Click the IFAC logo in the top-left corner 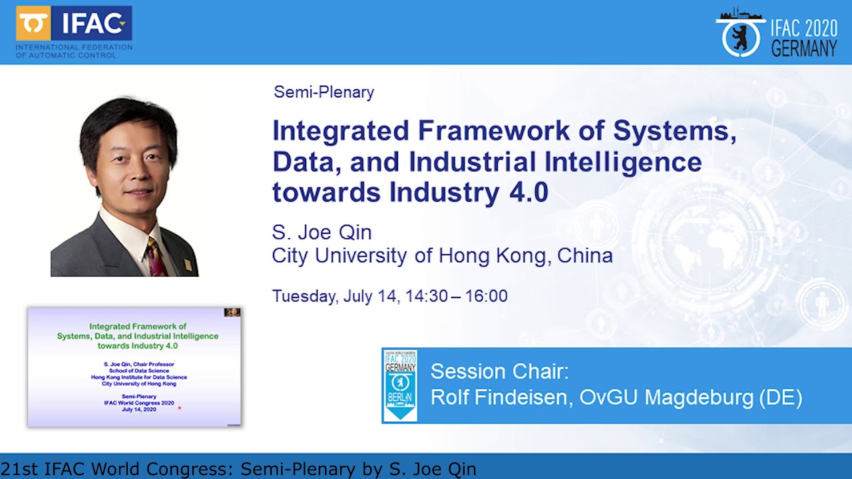point(74,31)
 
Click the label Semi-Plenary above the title point(323,92)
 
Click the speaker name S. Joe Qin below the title point(321,232)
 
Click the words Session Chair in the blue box point(499,371)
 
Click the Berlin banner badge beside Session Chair point(400,385)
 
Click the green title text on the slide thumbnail point(138,336)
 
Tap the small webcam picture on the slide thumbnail point(232,312)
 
